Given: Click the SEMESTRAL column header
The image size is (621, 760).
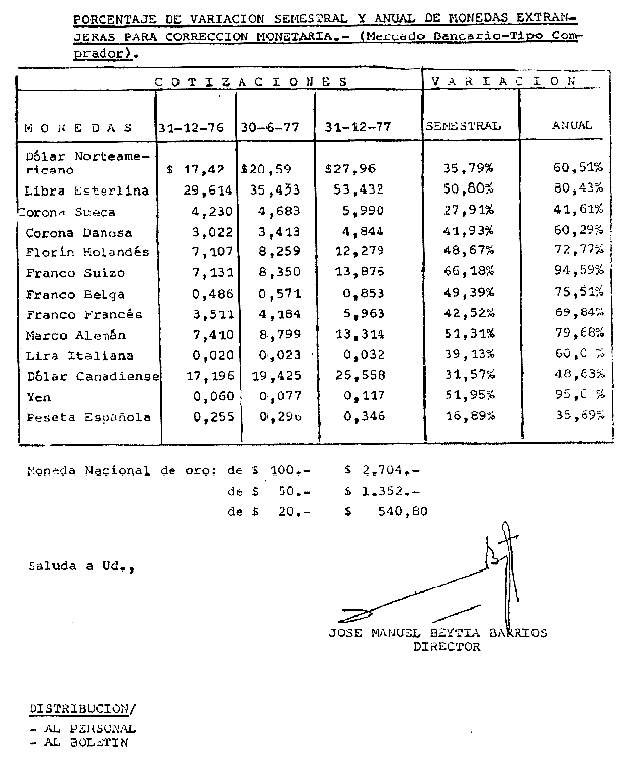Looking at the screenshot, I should pyautogui.click(x=462, y=126).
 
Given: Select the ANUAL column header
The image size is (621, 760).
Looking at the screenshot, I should pyautogui.click(x=572, y=125).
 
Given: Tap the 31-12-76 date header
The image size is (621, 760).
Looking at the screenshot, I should pyautogui.click(x=191, y=127).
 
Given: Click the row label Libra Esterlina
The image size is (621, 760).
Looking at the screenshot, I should pyautogui.click(x=86, y=190).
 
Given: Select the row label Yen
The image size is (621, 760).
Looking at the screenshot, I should pyautogui.click(x=36, y=396).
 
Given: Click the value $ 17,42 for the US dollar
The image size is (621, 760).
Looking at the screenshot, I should pyautogui.click(x=190, y=170).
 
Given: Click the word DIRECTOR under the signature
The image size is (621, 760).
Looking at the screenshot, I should pyautogui.click(x=447, y=647).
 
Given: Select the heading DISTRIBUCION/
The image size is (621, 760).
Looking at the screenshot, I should pyautogui.click(x=82, y=708).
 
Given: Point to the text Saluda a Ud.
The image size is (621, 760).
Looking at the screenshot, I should pyautogui.click(x=80, y=566).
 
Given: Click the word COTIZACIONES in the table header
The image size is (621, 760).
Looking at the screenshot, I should pyautogui.click(x=252, y=81).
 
